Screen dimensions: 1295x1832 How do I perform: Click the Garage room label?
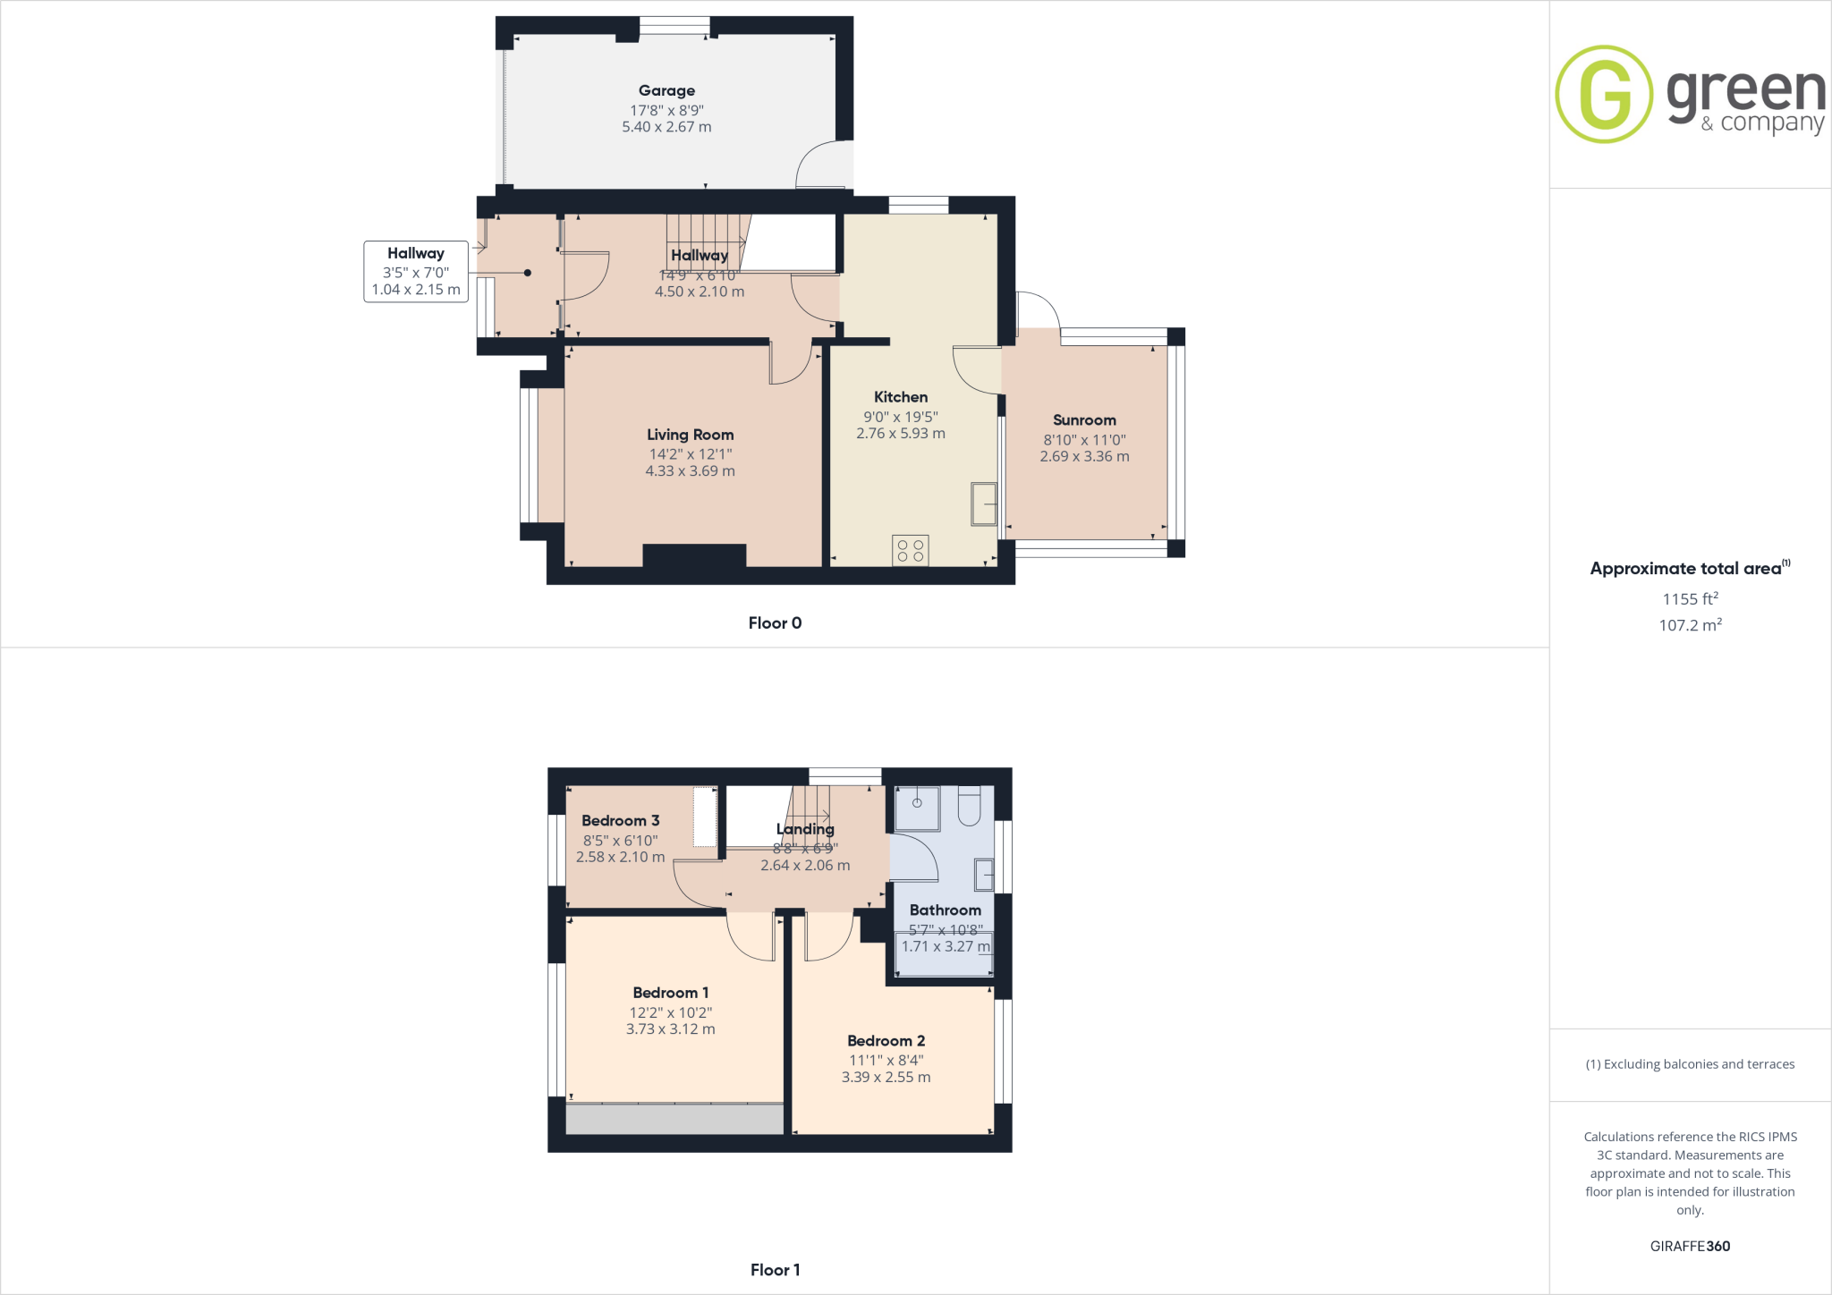(x=666, y=90)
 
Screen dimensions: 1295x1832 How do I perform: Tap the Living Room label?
(x=690, y=435)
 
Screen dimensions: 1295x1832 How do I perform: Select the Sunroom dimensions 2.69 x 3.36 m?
(x=1084, y=456)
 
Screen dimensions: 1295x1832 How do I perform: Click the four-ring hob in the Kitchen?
(x=911, y=550)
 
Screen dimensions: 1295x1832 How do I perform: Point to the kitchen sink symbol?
(x=984, y=504)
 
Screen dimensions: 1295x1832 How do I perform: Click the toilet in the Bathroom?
(x=970, y=805)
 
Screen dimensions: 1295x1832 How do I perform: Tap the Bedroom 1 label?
(x=670, y=993)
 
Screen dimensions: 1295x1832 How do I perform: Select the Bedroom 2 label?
(x=886, y=1041)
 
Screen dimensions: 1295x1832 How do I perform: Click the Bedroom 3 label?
(x=620, y=821)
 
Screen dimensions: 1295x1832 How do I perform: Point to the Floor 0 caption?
(x=775, y=623)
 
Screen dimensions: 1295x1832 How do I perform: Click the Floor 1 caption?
(x=775, y=1270)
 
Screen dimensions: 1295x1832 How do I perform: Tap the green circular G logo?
(x=1604, y=94)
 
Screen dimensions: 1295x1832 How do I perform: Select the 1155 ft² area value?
(x=1690, y=599)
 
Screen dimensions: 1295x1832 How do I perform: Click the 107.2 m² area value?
(x=1690, y=625)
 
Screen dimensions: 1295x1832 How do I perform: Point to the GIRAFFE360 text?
(x=1690, y=1246)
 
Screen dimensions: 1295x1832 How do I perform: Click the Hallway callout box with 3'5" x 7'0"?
(x=416, y=272)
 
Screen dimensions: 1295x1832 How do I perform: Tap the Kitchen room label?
(x=901, y=397)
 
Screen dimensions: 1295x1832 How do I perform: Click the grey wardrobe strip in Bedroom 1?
(x=674, y=1119)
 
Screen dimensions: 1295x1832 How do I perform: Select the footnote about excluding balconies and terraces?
(x=1690, y=1064)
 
